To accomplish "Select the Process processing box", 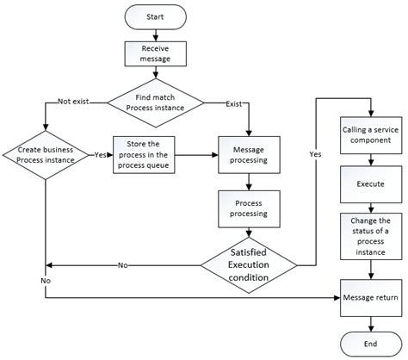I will [x=248, y=208].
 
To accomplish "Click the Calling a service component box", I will [x=369, y=136].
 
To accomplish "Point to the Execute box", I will [x=369, y=184].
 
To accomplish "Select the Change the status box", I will [x=369, y=235].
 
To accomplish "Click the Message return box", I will [x=369, y=298].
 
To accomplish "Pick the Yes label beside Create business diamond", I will [x=101, y=155].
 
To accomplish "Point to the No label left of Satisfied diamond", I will [x=122, y=265].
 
